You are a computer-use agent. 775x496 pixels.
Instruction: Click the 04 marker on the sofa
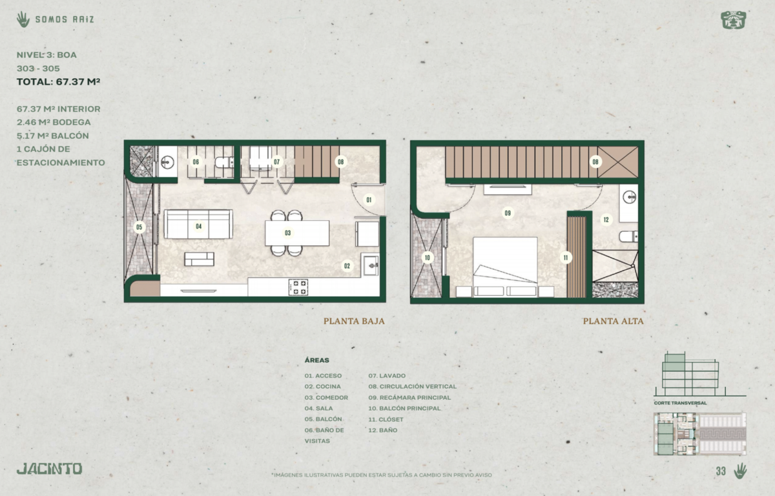pos(199,226)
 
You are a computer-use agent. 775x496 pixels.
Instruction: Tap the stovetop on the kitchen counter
pos(298,287)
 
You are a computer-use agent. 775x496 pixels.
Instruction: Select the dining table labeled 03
pos(297,232)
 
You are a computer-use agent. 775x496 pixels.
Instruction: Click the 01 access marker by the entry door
pos(369,200)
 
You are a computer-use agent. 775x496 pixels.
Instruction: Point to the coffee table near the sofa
pos(200,259)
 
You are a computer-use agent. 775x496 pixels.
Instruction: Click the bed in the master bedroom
pos(505,267)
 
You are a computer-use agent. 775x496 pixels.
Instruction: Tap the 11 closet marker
pos(566,257)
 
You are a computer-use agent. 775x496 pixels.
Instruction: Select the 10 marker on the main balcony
pos(428,257)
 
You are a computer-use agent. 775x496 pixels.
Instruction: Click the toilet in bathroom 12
pos(628,236)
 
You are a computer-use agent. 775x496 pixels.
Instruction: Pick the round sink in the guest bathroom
pos(167,161)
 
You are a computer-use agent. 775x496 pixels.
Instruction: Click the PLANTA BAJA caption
pos(354,321)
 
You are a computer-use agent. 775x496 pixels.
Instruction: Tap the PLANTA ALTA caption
pos(613,321)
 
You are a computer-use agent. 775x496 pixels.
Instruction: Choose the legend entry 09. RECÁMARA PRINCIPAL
pos(409,397)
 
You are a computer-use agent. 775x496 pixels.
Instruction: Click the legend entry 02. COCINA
pos(322,386)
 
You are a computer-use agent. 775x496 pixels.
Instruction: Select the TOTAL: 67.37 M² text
pos(59,82)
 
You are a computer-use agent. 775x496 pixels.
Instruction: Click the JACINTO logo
pos(50,469)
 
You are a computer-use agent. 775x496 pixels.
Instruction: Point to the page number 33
pos(721,471)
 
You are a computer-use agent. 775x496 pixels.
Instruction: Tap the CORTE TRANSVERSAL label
pos(680,403)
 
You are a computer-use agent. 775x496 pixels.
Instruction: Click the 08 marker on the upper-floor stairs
pos(595,161)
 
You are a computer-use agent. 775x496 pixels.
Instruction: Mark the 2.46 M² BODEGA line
pos(54,122)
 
